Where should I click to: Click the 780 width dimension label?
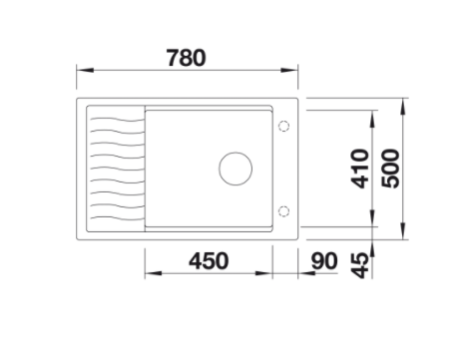[186, 58]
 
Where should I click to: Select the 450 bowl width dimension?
[209, 261]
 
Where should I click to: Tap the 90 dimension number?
[324, 261]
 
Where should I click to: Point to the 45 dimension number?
[360, 265]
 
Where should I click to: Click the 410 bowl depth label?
[360, 169]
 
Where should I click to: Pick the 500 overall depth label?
[390, 169]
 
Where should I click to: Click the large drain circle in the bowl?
[236, 169]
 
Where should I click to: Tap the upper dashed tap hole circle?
[283, 126]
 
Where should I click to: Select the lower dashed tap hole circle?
[283, 211]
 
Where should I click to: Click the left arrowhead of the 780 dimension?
[85, 70]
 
